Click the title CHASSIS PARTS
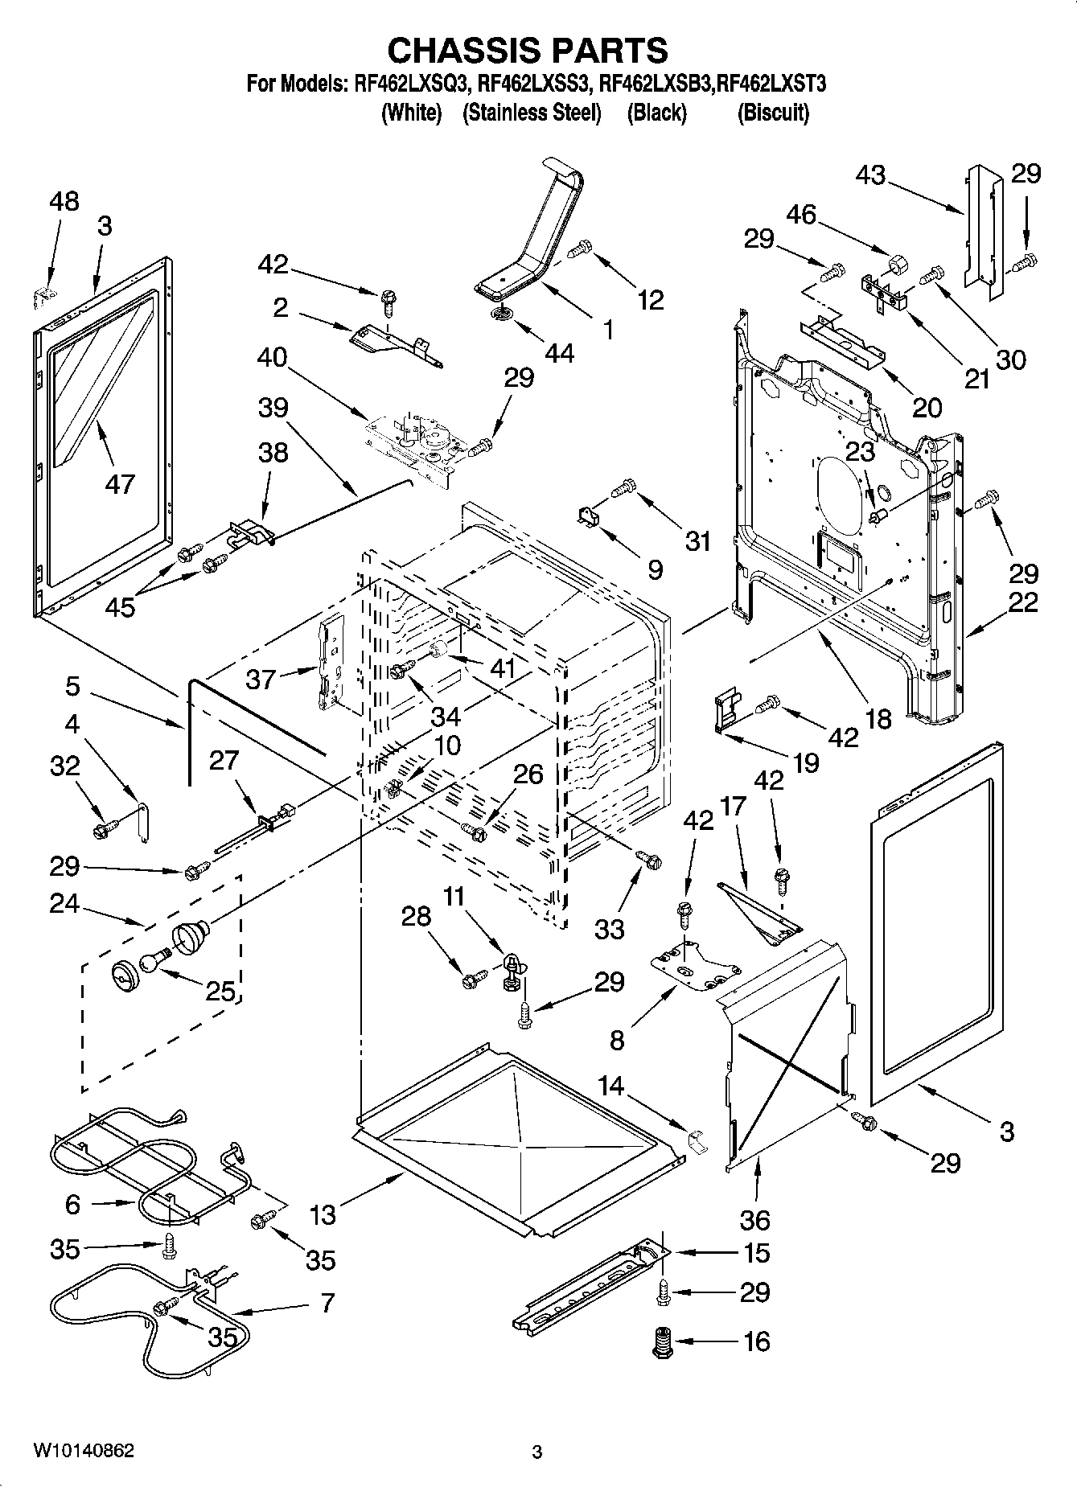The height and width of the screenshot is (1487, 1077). pos(527,51)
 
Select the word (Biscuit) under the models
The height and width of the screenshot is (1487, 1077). pos(772,113)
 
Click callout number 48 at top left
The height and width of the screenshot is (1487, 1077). pos(64,201)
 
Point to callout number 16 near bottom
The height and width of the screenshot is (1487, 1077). pos(756,1341)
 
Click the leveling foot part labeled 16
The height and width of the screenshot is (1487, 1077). pos(661,1341)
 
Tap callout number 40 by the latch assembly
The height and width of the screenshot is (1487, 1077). pos(273,356)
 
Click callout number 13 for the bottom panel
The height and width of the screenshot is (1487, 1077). pos(323,1214)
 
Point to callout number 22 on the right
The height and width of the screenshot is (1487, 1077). pos(1023,602)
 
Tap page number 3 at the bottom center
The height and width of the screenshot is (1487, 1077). pos(537,1452)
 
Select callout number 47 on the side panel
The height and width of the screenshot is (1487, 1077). pos(120,483)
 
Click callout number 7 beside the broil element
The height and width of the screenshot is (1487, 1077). pos(327,1302)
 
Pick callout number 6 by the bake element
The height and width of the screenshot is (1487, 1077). pos(72,1204)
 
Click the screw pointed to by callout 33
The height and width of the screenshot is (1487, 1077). pos(649,860)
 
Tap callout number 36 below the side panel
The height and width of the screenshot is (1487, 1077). pos(754,1220)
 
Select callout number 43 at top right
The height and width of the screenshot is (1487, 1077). pos(870,175)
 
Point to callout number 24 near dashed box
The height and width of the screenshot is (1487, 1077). pos(64,904)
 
